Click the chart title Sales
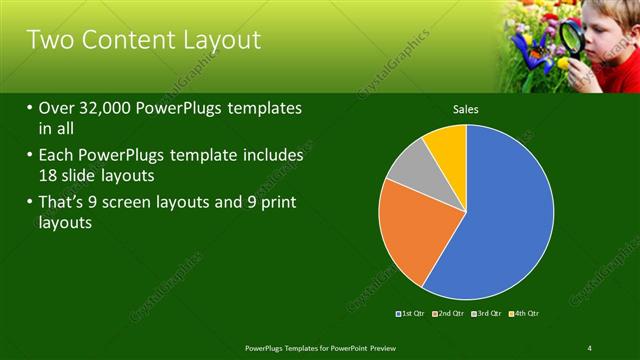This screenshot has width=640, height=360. point(465,107)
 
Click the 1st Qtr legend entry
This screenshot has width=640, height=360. point(412,314)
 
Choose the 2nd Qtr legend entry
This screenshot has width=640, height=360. point(450,314)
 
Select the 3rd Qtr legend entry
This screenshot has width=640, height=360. point(487,314)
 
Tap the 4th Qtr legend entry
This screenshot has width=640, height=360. point(525,314)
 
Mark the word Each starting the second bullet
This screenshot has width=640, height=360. point(57,157)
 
